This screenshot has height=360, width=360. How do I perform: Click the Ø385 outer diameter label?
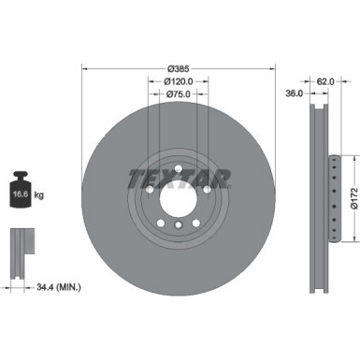coord(180,69)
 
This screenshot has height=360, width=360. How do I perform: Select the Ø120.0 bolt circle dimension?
coord(179,82)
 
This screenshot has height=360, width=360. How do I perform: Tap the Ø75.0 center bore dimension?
coord(179,94)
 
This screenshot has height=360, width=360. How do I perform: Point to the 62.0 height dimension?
coord(325,82)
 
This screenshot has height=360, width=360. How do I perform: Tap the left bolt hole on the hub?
coord(151,191)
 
